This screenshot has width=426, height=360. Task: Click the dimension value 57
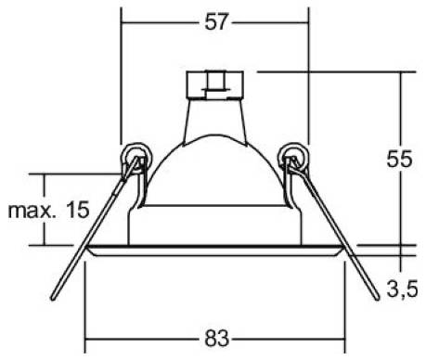pos(216,22)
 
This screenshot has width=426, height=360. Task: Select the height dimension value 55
pos(399,160)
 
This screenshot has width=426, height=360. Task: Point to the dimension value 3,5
pos(403,289)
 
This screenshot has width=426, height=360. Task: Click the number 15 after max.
pos(78,210)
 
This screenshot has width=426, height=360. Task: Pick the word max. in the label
pos(31,212)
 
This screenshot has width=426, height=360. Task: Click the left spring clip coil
pos(136,155)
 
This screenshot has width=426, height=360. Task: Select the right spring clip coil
pos(293,155)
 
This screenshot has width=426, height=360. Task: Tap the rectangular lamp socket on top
pos(214,84)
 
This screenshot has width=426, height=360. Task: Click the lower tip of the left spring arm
pos(53,298)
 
